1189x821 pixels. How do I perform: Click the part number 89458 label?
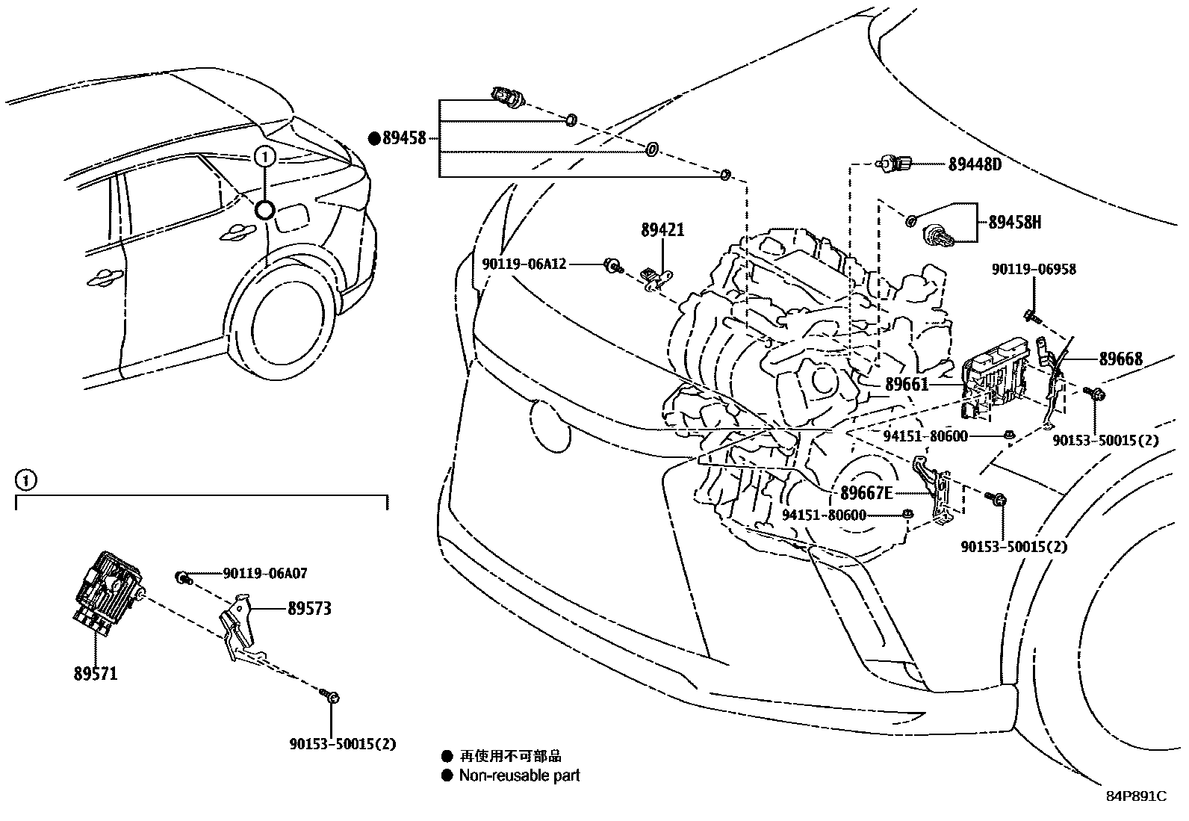coord(404,138)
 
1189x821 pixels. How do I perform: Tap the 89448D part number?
coord(975,165)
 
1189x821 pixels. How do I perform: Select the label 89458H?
coord(1014,222)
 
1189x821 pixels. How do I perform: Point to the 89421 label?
coord(662,230)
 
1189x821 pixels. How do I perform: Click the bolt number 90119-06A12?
coord(524,264)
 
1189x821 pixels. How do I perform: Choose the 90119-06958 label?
coord(1034,270)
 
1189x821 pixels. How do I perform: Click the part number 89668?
coord(1120,359)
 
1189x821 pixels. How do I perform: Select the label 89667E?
coord(866,493)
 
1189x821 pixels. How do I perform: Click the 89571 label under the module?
coord(96,674)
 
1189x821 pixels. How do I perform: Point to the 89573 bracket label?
coord(309,609)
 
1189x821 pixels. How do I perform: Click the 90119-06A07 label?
coord(265,574)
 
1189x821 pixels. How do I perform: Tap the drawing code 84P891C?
coord(1136,796)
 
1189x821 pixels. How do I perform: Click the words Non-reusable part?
coord(519,775)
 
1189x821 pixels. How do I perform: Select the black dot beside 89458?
coord(374,138)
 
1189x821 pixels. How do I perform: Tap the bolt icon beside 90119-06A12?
coord(612,264)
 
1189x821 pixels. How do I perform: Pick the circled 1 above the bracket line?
coord(25,480)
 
